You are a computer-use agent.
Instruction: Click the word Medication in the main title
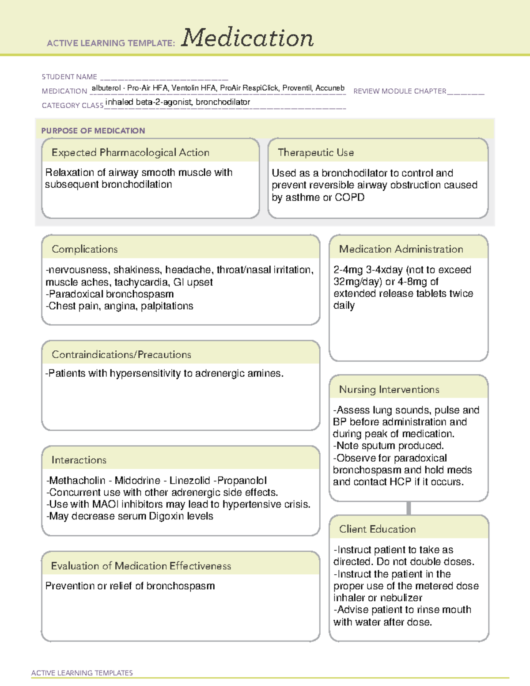click(x=247, y=38)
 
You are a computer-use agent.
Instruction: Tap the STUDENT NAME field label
click(x=69, y=77)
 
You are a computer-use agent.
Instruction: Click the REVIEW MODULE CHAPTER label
click(x=400, y=91)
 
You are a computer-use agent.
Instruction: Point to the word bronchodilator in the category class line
click(x=223, y=102)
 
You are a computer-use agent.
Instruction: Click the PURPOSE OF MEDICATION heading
click(x=93, y=131)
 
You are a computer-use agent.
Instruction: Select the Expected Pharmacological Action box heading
click(x=130, y=152)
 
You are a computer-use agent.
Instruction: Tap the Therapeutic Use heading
click(x=315, y=152)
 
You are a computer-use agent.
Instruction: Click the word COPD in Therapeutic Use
click(x=350, y=197)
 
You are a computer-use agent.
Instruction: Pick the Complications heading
click(x=84, y=249)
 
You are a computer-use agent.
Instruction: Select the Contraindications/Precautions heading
click(x=121, y=355)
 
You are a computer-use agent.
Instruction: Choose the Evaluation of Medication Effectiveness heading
click(x=141, y=566)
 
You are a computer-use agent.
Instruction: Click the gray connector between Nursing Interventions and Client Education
click(x=409, y=508)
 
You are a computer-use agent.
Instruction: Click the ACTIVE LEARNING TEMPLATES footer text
click(x=82, y=673)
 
